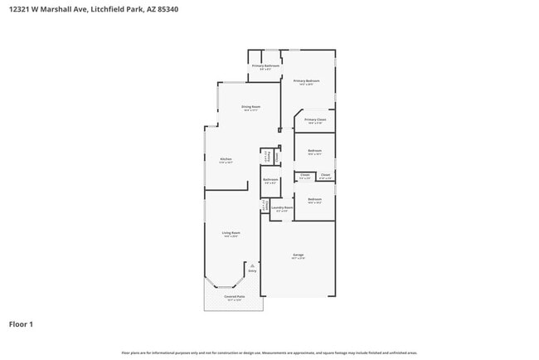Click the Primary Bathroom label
(x=265, y=66)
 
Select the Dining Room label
(x=251, y=106)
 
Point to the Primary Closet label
(x=315, y=120)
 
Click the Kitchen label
(x=226, y=159)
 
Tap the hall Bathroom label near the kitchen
(x=270, y=179)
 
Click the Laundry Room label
(x=283, y=207)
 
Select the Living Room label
(x=231, y=233)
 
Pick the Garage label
(x=299, y=255)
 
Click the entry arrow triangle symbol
(x=252, y=265)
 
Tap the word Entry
(x=252, y=271)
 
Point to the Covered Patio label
(x=235, y=296)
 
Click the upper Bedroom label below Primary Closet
(x=315, y=150)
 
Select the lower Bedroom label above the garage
(x=315, y=199)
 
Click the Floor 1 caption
(x=21, y=324)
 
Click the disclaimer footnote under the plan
(x=269, y=353)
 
